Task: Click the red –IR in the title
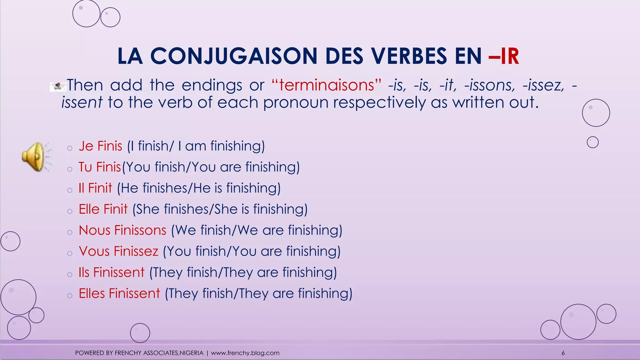(x=504, y=57)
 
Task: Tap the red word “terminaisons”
(x=326, y=85)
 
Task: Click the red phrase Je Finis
(x=100, y=146)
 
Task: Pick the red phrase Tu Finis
(x=100, y=167)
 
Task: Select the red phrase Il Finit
(x=95, y=188)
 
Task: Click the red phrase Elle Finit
(x=103, y=209)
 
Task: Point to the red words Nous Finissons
(x=122, y=230)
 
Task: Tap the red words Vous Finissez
(x=119, y=251)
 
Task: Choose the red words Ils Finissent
(x=112, y=272)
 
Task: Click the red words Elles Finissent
(x=119, y=293)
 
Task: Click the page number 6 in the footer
(x=563, y=353)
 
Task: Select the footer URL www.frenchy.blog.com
(x=245, y=353)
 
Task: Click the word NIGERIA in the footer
(x=192, y=353)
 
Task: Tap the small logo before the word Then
(x=58, y=87)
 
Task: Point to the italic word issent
(x=82, y=102)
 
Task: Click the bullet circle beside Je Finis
(x=70, y=148)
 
